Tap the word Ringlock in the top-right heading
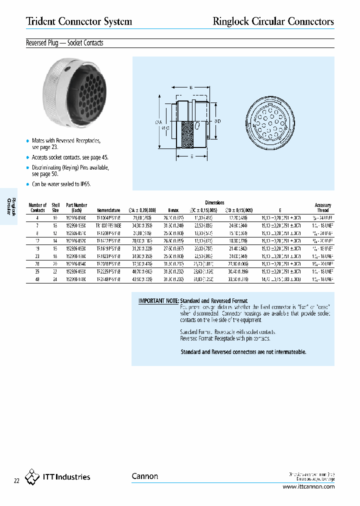coord(229,21)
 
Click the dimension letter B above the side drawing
coord(190,87)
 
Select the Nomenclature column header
coord(108,210)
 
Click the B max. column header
coord(173,210)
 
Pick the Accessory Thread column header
coord(323,207)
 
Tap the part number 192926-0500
coord(76,218)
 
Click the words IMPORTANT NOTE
coord(158,301)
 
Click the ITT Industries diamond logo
coord(32,476)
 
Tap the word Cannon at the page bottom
coord(145,476)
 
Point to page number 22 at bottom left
coord(16,481)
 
